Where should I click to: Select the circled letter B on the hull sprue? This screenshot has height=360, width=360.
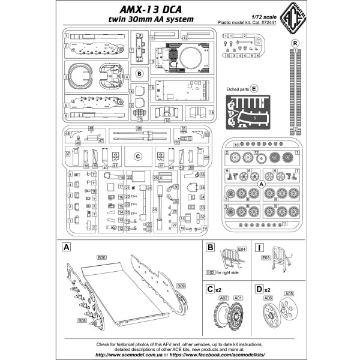[139, 74]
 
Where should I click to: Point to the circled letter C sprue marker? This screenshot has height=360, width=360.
[137, 157]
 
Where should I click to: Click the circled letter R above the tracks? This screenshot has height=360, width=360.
[295, 43]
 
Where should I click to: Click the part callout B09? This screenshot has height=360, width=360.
[180, 287]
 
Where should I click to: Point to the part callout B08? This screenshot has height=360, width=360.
[82, 320]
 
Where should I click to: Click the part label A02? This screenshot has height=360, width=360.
[224, 298]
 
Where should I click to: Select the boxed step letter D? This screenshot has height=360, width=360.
[259, 289]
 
